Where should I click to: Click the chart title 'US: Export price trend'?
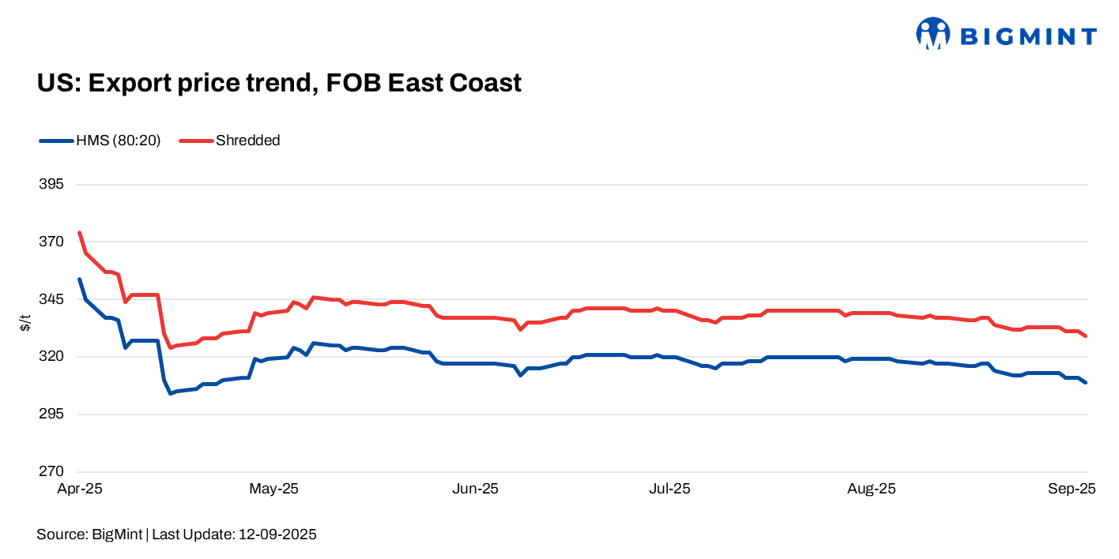tap(279, 83)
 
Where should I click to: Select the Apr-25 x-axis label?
tap(79, 489)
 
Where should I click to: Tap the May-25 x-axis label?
tap(273, 489)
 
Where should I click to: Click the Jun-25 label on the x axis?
tap(475, 489)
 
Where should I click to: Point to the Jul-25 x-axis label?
tap(669, 489)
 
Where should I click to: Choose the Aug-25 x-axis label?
tap(871, 489)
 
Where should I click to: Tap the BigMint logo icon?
tap(932, 34)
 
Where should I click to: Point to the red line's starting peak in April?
tap(79, 232)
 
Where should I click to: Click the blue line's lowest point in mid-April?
tap(170, 393)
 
